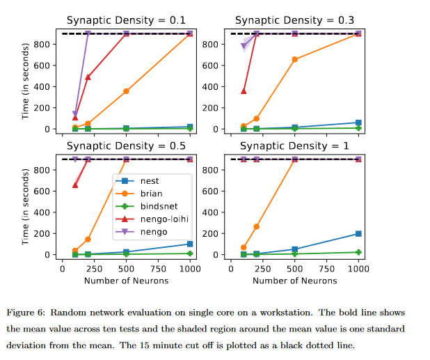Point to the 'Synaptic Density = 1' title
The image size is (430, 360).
coord(291,146)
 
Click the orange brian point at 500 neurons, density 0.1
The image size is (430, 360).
coord(126,91)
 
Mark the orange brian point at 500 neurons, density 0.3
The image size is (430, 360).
coord(295,59)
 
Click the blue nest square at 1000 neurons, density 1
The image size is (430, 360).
coord(358,234)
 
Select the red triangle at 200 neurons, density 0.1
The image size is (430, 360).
coord(88,77)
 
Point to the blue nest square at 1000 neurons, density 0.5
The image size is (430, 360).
coord(190,244)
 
